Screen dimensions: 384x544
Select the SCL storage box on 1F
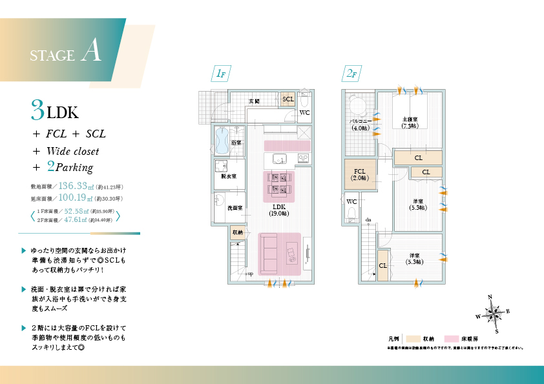click(x=288, y=99)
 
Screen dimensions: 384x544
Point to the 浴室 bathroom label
click(x=236, y=143)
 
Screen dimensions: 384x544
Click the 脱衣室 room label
click(x=229, y=176)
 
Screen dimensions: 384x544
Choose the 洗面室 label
click(x=235, y=208)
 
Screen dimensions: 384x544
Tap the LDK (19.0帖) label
click(x=279, y=210)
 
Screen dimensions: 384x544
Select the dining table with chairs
click(x=279, y=183)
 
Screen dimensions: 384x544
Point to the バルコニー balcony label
click(x=359, y=124)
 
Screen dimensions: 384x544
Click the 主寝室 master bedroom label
click(x=410, y=122)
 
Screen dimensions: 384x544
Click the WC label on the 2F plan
click(x=351, y=201)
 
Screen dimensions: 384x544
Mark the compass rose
click(x=494, y=314)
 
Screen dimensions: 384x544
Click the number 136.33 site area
click(x=76, y=186)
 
